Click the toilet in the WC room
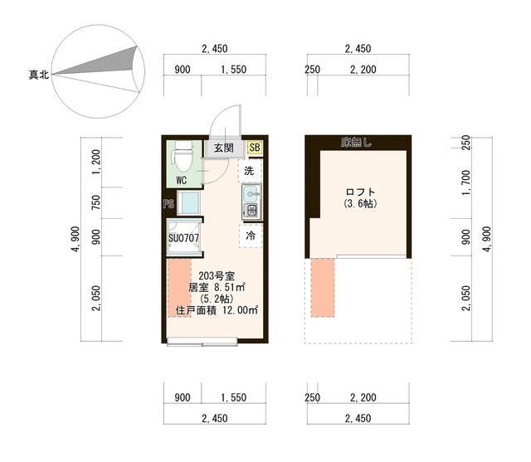(x=183, y=157)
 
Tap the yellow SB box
(x=255, y=148)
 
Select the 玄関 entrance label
(x=223, y=148)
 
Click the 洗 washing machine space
(x=251, y=171)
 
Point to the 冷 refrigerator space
(x=251, y=236)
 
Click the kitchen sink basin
(x=251, y=193)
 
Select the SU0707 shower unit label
(x=183, y=238)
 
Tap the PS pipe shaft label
(x=168, y=204)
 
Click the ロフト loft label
(x=360, y=192)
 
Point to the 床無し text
(x=356, y=143)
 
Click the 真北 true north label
(x=39, y=74)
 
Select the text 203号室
(x=217, y=276)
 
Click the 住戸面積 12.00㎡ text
(x=217, y=310)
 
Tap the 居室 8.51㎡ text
(x=217, y=287)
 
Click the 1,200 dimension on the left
(x=96, y=162)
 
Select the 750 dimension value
(x=96, y=202)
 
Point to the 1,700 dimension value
(x=466, y=182)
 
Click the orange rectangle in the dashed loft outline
(x=323, y=288)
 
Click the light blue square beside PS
(x=189, y=202)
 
